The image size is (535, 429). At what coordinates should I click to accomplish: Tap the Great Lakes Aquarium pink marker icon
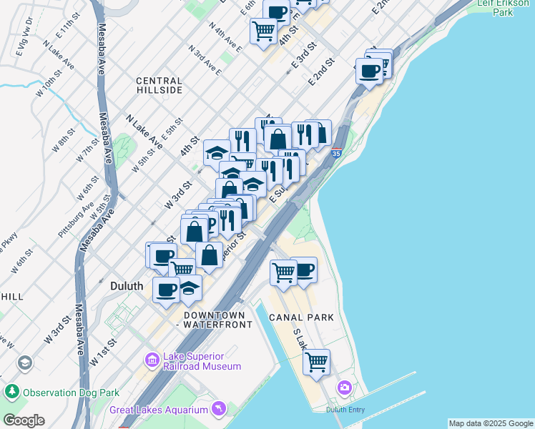[218, 409]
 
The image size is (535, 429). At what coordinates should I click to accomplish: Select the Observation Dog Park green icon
[11, 392]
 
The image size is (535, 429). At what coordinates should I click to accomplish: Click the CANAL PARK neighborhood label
[301, 317]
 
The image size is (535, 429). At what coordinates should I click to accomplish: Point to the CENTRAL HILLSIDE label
[159, 86]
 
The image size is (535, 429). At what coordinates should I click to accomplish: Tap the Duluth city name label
[127, 285]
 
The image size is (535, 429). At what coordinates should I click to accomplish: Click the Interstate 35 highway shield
[337, 152]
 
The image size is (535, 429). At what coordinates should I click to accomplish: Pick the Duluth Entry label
[346, 409]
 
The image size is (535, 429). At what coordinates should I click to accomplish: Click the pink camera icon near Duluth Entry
[345, 387]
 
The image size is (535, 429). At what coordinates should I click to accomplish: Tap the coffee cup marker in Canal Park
[304, 270]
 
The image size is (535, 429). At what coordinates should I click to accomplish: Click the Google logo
[24, 420]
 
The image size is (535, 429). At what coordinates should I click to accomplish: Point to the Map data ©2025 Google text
[490, 423]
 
